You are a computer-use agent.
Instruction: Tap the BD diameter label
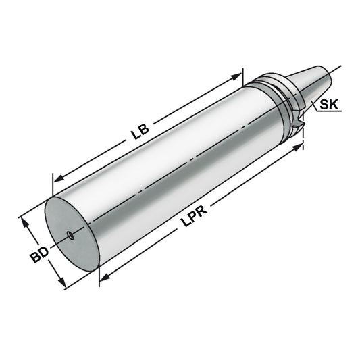pyautogui.click(x=39, y=255)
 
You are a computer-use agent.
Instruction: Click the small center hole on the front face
pyautogui.click(x=71, y=236)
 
